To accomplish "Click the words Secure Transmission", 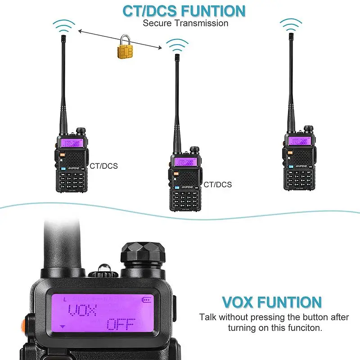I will [185, 23].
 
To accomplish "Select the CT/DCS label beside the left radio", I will [103, 166].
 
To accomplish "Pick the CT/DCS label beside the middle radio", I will [218, 184].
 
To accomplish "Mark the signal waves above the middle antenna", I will [177, 44].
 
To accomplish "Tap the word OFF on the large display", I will [122, 324].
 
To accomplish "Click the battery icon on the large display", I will [147, 299].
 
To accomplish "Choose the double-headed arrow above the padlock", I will [119, 39].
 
